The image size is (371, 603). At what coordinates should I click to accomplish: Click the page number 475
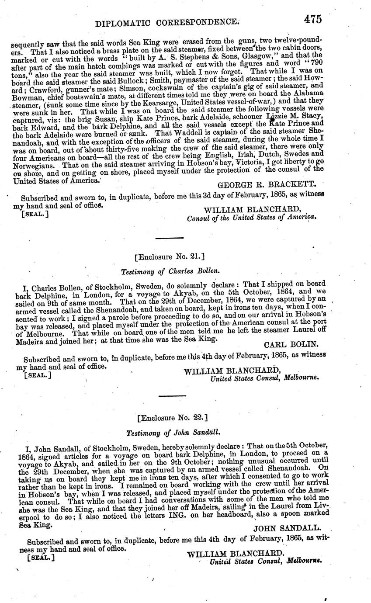pos(311,19)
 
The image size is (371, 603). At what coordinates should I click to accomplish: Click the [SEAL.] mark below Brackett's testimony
pos(35,214)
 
